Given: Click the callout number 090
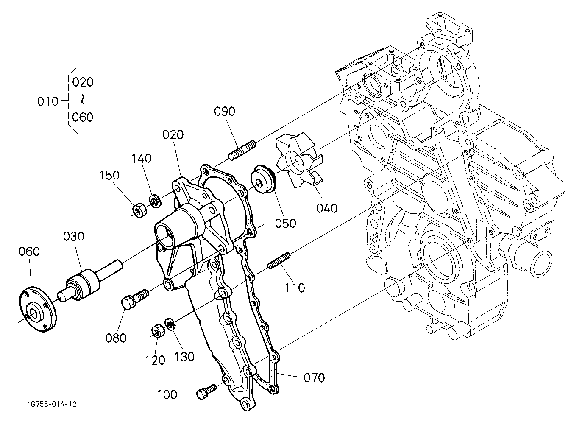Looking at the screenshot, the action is (225, 112).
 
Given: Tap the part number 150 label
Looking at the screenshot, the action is (109, 175).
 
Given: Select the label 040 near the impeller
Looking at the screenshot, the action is (327, 208).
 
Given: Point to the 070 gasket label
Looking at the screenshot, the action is (314, 378).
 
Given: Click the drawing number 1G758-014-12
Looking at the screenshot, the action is (52, 404).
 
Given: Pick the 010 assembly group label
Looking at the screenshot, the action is (48, 101).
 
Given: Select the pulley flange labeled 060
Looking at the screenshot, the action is (38, 310).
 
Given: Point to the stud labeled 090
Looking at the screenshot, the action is (242, 151).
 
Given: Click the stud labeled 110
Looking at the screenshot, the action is (279, 260).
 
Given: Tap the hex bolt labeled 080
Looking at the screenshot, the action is (135, 299).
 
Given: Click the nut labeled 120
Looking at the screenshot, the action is (158, 331).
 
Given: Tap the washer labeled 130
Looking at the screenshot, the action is (170, 324).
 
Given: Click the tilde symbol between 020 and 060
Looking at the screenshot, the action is (83, 99).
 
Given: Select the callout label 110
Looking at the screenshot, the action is (294, 288).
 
